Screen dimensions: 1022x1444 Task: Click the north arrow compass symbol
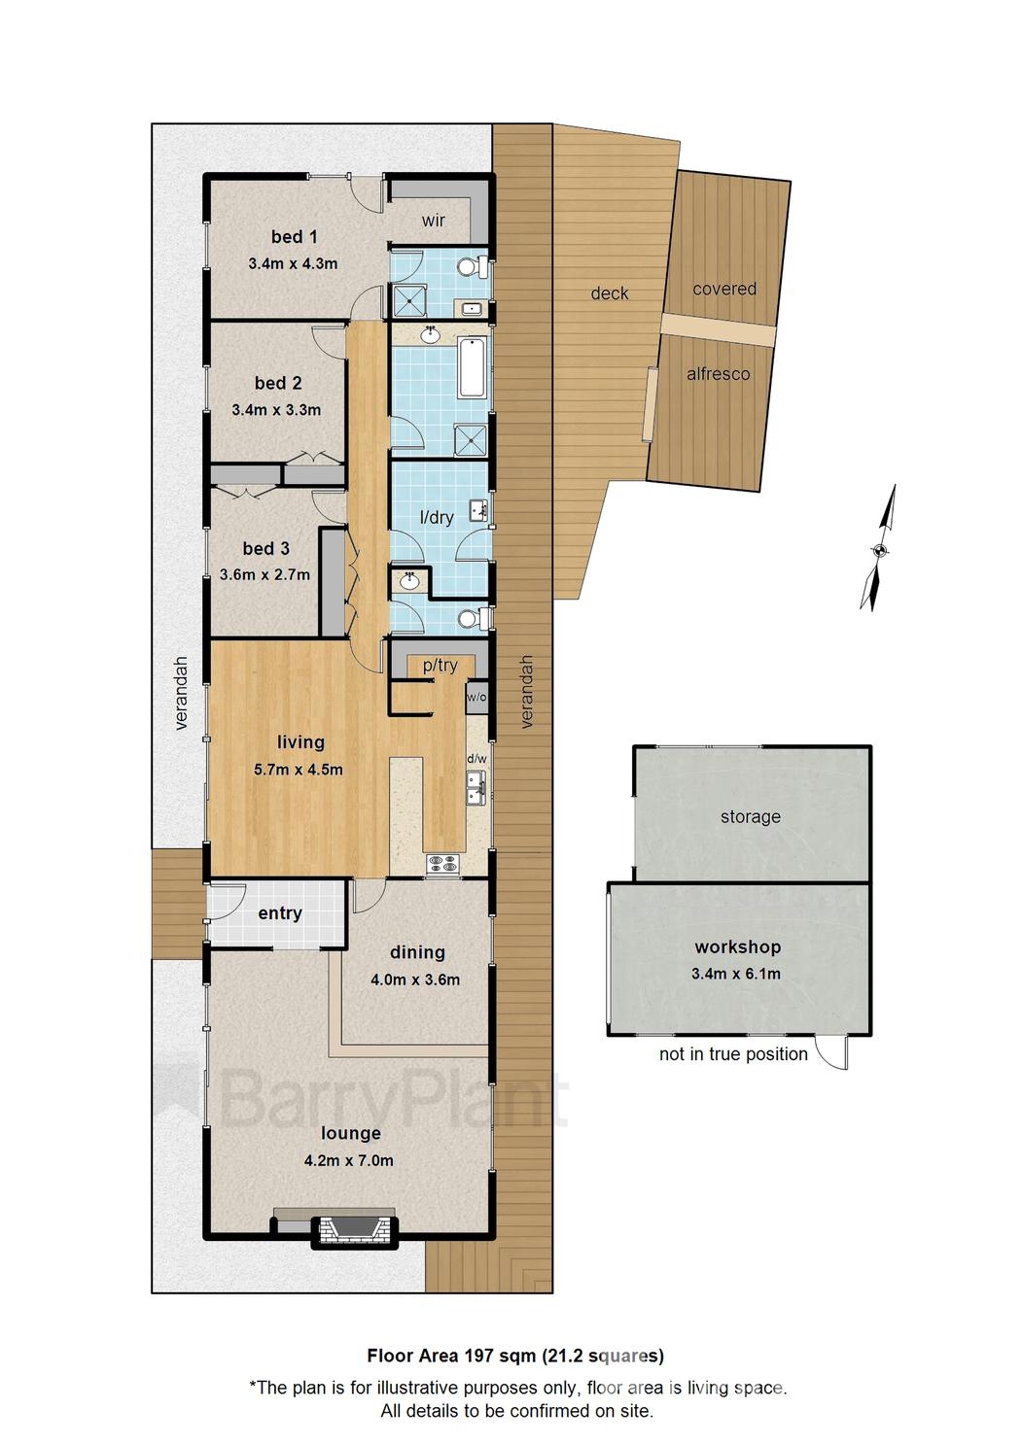(879, 549)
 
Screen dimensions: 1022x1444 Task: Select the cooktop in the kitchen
(442, 864)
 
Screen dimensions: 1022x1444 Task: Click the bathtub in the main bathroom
(473, 366)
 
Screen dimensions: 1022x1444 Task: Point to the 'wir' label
(433, 221)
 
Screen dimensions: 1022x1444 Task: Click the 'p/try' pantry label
(441, 666)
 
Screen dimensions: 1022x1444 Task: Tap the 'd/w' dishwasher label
(476, 759)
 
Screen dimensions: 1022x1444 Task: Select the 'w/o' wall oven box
(476, 698)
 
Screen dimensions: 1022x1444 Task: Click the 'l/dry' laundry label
(437, 517)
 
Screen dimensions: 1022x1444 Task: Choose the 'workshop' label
(737, 947)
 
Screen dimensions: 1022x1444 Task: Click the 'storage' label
(751, 817)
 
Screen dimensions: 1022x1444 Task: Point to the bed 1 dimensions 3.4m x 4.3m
(293, 263)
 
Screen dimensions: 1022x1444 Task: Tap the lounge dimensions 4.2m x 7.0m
(348, 1160)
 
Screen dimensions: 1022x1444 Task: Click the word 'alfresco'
(718, 374)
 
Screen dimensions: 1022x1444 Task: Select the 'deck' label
(610, 293)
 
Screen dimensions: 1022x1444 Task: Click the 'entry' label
(280, 913)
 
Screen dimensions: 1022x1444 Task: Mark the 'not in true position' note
(733, 1054)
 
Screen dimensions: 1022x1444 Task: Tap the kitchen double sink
(476, 788)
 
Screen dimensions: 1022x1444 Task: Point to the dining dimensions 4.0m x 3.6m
(415, 980)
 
